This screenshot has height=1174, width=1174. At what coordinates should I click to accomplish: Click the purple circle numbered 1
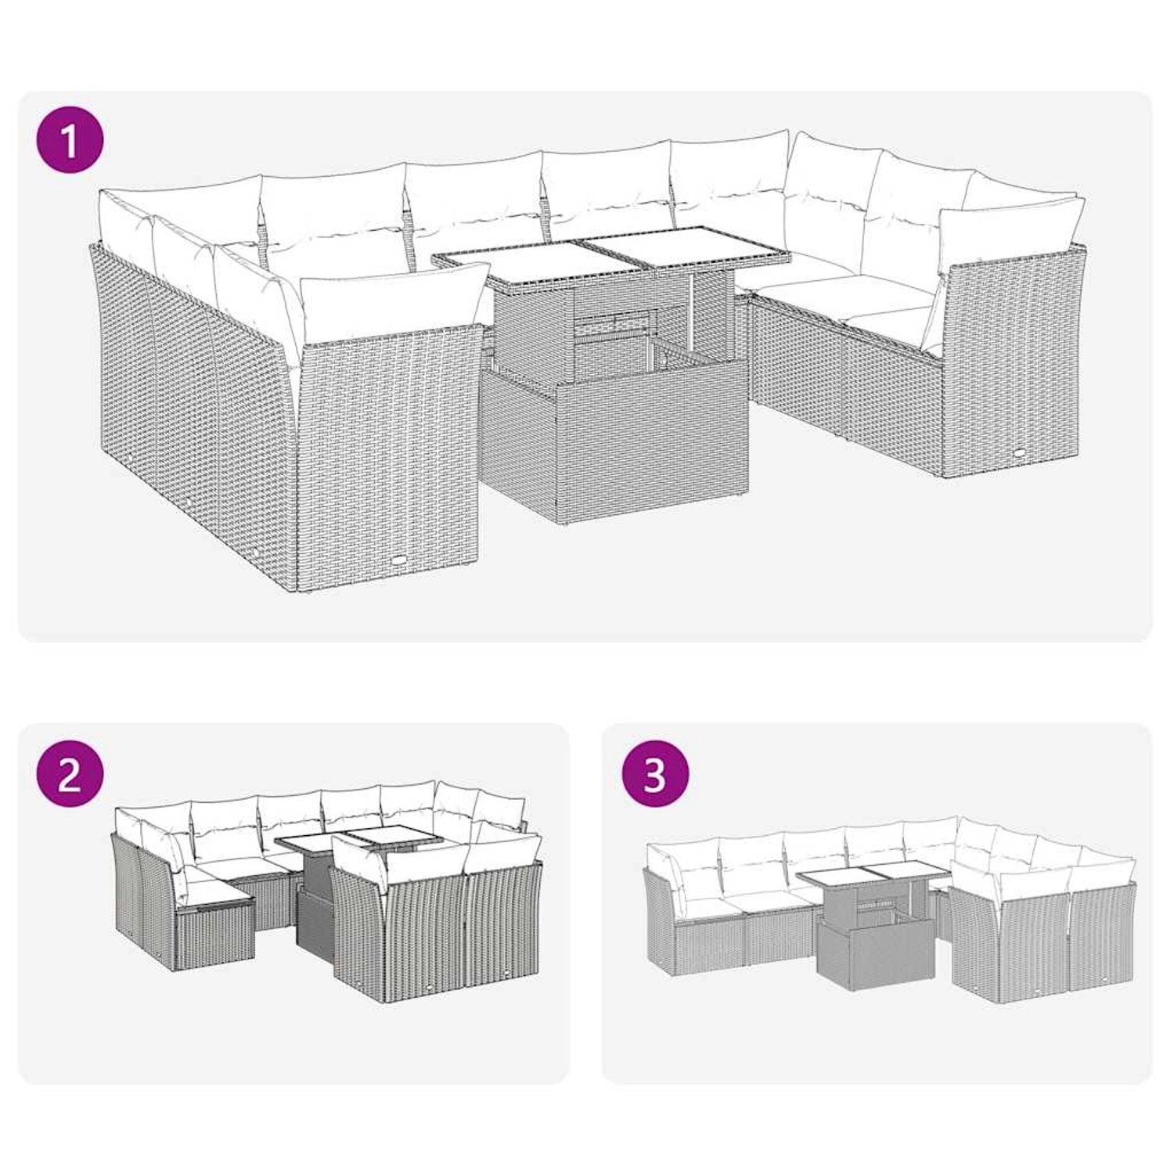(x=70, y=142)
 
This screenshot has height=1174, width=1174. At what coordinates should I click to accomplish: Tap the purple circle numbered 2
(x=70, y=775)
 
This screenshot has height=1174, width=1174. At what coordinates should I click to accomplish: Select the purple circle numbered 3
(x=655, y=775)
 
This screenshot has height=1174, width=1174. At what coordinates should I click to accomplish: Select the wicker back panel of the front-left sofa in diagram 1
(x=387, y=454)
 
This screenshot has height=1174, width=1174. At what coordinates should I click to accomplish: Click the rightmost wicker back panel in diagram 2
(x=501, y=931)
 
